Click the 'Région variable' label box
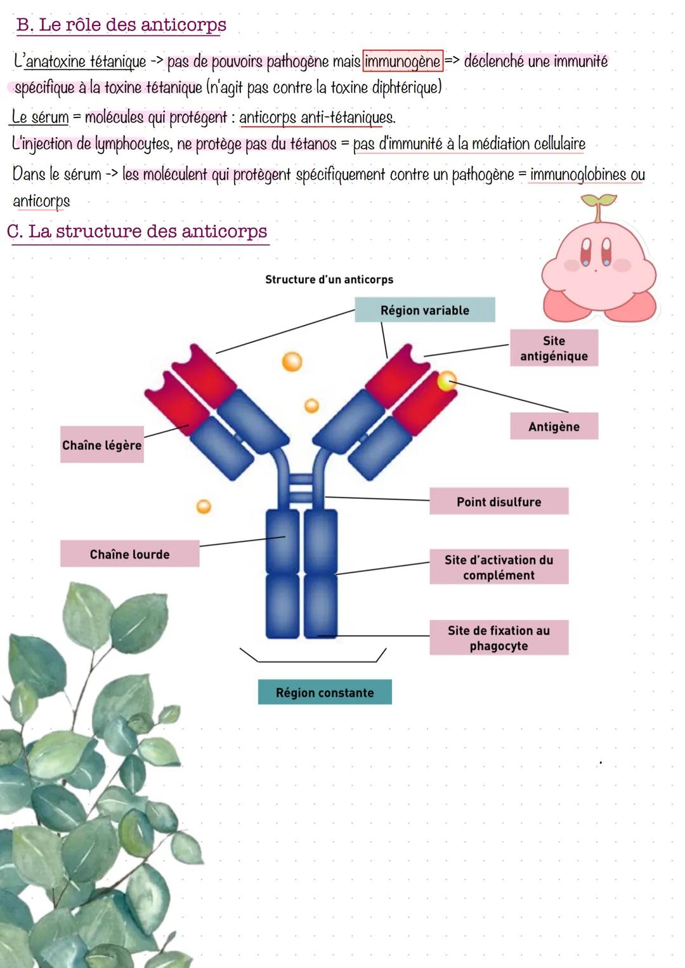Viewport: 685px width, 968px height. [x=424, y=310]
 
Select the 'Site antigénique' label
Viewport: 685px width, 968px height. [x=554, y=348]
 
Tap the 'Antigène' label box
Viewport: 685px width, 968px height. [x=554, y=426]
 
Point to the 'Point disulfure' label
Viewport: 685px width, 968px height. [x=499, y=501]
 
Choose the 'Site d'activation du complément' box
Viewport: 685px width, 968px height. [x=499, y=567]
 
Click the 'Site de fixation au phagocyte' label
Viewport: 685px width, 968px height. [x=499, y=637]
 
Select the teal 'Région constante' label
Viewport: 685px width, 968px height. [x=325, y=692]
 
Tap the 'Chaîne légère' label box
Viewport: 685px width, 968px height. [x=101, y=445]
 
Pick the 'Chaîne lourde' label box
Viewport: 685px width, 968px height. [x=129, y=554]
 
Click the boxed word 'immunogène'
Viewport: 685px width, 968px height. [x=402, y=62]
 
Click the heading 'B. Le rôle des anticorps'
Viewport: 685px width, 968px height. [x=121, y=25]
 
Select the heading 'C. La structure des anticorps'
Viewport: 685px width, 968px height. [x=137, y=231]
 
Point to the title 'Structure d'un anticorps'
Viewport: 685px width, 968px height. [x=329, y=279]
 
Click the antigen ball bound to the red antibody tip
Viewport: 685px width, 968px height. [x=447, y=381]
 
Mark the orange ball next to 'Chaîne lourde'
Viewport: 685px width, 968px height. [x=204, y=507]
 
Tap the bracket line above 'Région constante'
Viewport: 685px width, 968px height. [x=313, y=660]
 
